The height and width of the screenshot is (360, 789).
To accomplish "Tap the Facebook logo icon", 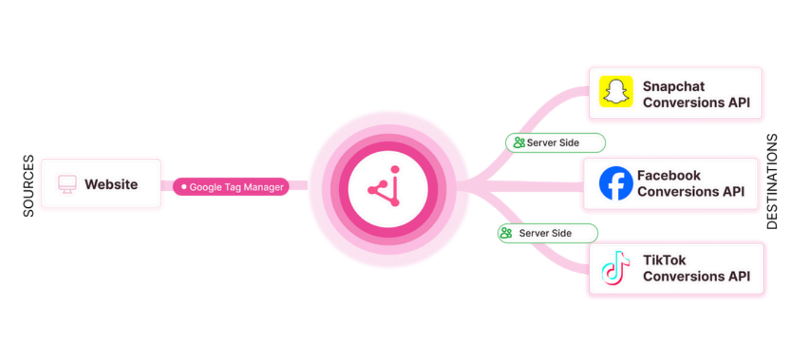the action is click(616, 183).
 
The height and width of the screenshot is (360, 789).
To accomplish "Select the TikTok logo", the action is click(616, 268).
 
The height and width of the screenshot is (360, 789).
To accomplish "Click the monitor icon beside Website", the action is click(67, 184).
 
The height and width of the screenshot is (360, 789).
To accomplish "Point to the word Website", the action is click(111, 184).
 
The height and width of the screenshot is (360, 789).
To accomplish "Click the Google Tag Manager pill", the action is click(231, 187).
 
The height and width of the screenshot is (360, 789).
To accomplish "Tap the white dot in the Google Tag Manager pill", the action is click(184, 187).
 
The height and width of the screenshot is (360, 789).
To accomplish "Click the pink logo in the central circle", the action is click(389, 189).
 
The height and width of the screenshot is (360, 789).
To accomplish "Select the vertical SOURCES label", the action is click(29, 186).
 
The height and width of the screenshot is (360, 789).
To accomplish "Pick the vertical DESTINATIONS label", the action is click(772, 181).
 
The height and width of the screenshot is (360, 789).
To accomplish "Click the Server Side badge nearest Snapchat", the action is click(555, 143).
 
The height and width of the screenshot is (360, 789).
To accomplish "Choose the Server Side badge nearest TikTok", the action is click(547, 233).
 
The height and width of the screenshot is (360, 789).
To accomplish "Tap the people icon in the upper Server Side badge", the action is click(519, 143).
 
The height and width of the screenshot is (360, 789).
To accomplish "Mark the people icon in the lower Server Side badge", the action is click(506, 233).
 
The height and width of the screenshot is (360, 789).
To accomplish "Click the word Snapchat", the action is click(673, 86).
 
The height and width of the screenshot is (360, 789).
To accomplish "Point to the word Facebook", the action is click(668, 175).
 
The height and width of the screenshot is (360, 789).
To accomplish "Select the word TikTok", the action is click(664, 260).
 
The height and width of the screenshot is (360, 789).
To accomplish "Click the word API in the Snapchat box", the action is click(738, 102).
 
